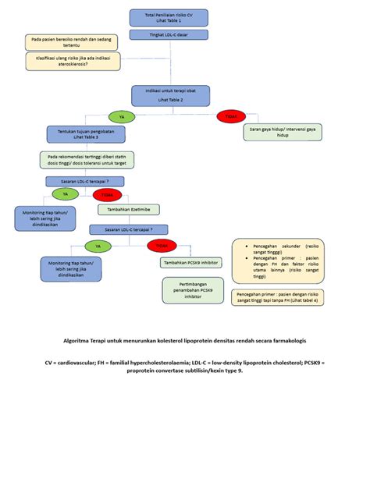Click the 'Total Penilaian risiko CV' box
click(x=169, y=17)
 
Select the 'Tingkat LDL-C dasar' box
click(x=169, y=34)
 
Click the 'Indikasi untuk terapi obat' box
click(x=171, y=96)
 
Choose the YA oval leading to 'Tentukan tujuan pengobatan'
click(x=121, y=116)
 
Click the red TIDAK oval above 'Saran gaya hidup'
click(x=231, y=116)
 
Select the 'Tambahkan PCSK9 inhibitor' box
click(x=190, y=263)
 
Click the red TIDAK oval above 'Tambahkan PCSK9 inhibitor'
click(x=162, y=246)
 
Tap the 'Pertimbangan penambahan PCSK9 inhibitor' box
click(x=192, y=291)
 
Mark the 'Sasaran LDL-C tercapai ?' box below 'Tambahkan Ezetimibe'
click(x=129, y=229)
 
